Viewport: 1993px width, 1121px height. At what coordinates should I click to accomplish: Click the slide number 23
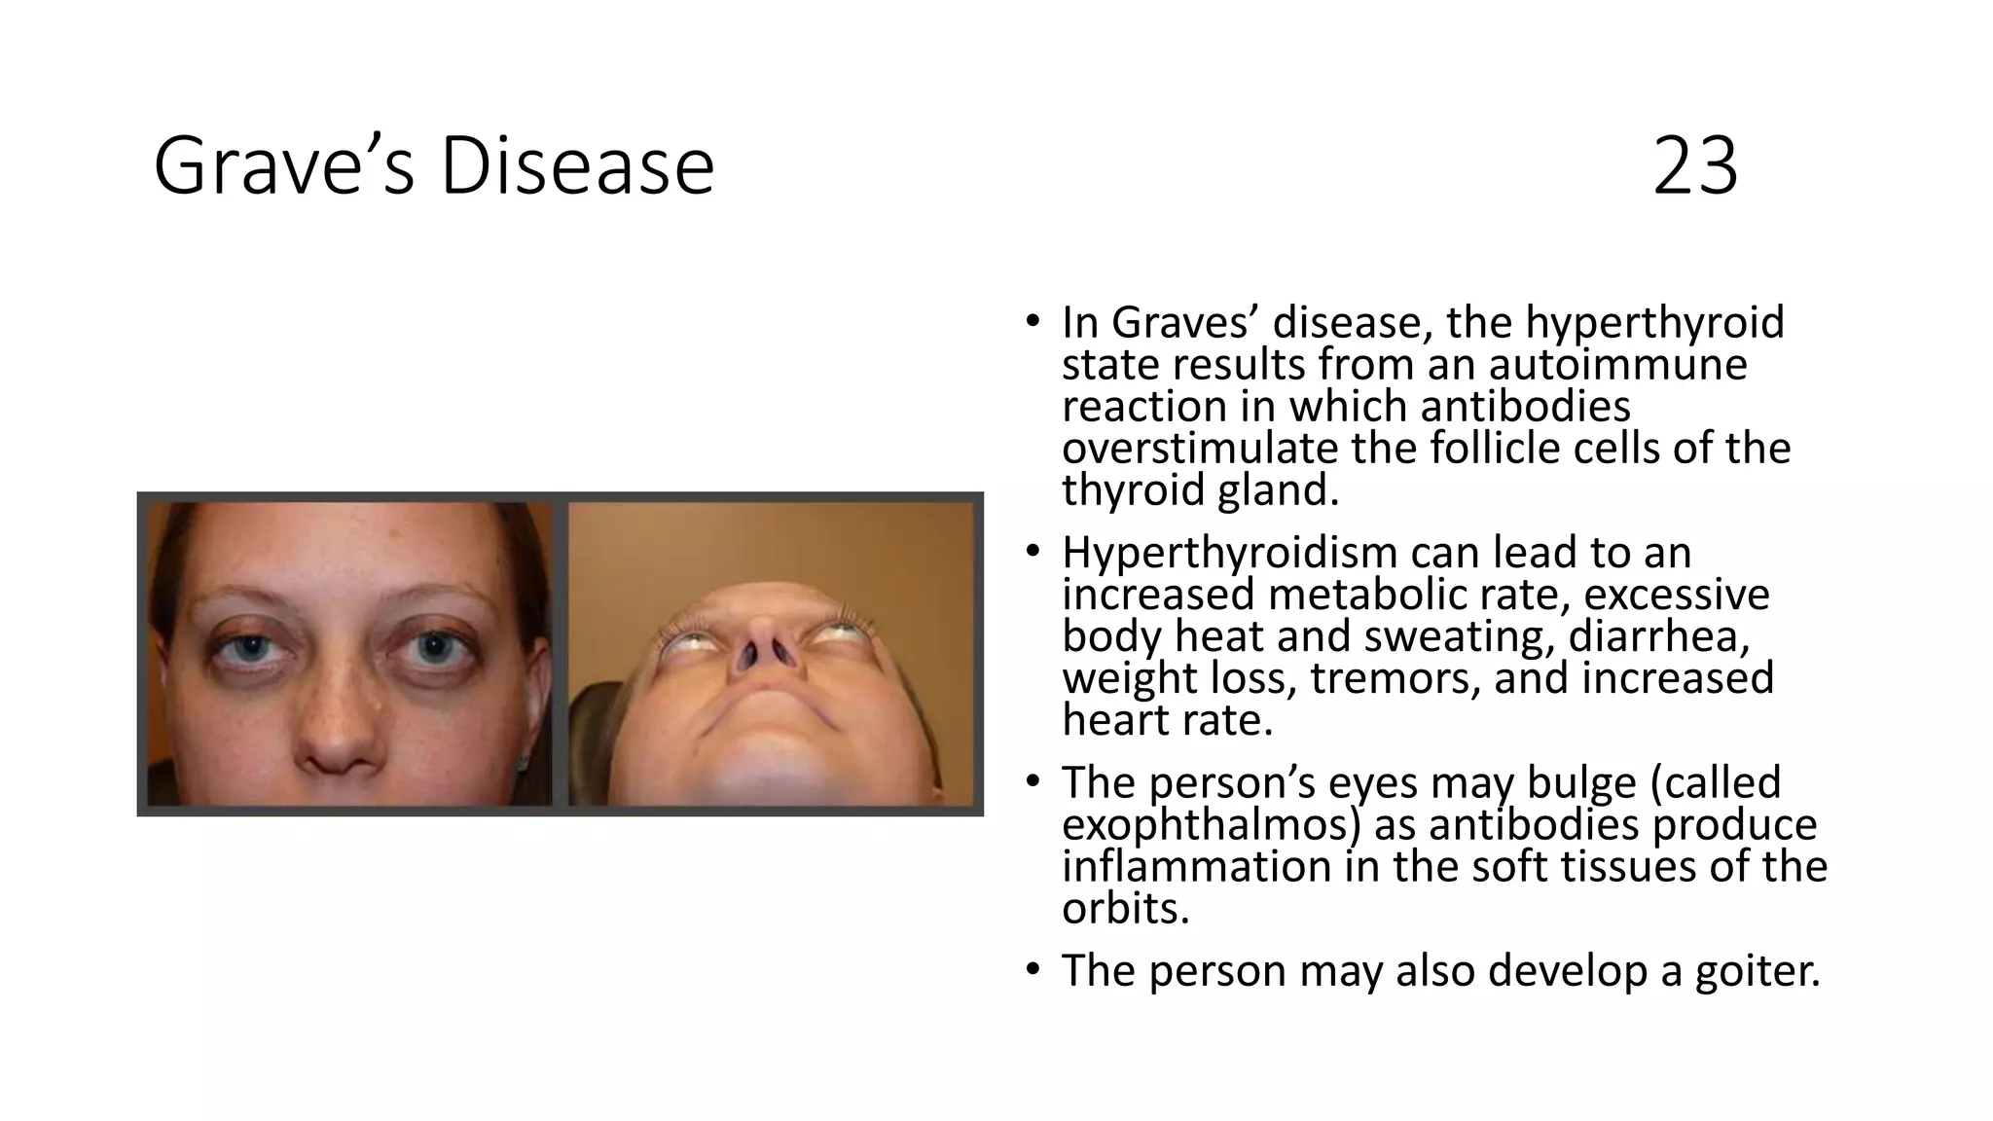[x=1694, y=166]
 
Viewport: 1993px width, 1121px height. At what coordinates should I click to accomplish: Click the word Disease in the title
[x=577, y=166]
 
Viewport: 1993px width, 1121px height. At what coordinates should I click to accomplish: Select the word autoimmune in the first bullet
[x=1617, y=365]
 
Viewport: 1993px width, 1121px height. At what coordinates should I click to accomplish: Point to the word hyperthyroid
[x=1654, y=323]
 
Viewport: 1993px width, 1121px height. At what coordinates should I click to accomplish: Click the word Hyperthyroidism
[x=1229, y=553]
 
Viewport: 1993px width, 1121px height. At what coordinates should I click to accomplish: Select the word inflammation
[x=1196, y=866]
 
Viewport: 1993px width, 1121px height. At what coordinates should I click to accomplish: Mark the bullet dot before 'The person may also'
[x=1033, y=970]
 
